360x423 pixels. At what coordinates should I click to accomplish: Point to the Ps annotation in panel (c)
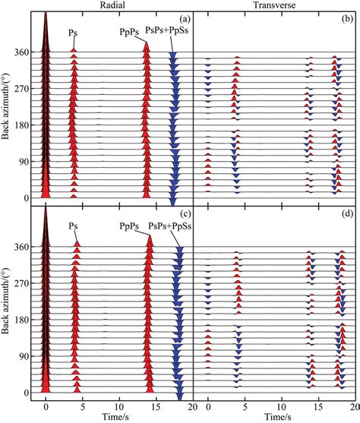tap(73, 225)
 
